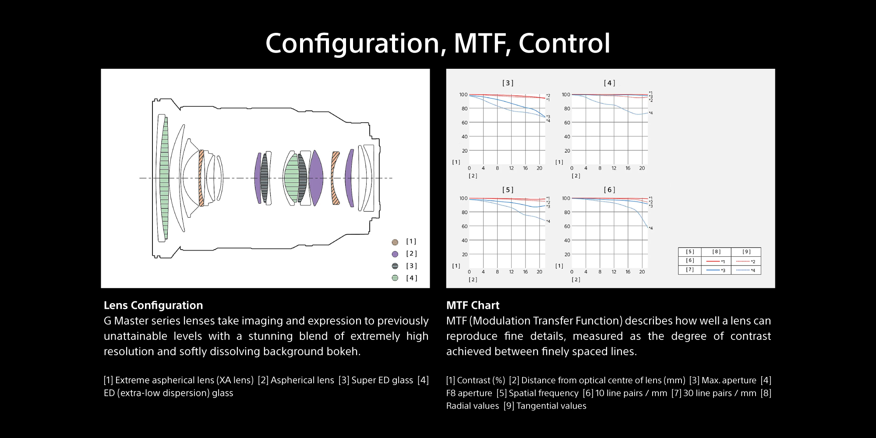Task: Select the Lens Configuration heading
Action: (153, 305)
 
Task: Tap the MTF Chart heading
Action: (473, 305)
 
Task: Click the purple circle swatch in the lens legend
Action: (395, 254)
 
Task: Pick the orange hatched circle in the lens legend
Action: (395, 242)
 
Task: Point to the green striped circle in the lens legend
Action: (395, 278)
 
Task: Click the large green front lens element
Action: (164, 178)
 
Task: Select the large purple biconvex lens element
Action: (316, 178)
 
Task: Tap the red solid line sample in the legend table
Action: (713, 261)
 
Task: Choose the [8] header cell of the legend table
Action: (716, 252)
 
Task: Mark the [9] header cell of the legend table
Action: (746, 252)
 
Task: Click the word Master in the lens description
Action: (130, 321)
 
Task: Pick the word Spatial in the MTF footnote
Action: (523, 393)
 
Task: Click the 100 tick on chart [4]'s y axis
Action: (566, 95)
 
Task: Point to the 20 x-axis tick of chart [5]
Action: (540, 272)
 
